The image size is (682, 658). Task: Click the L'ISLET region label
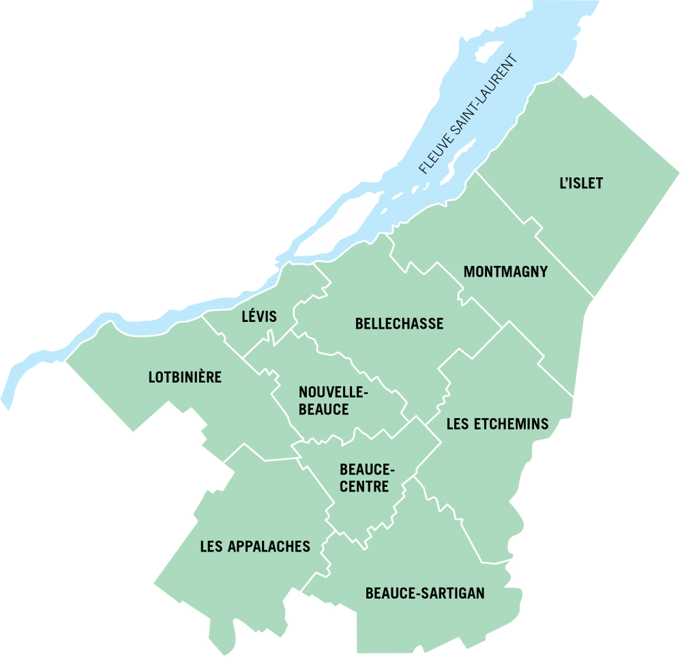pos(581,184)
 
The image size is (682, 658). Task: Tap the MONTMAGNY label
pos(505,271)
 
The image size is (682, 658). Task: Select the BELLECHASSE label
pos(399,324)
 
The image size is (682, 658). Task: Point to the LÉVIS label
pos(259,316)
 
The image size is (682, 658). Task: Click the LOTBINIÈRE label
pos(185,377)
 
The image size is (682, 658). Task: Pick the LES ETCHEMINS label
pos(497,424)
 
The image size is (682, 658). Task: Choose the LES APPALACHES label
pos(255,546)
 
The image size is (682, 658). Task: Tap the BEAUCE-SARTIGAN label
pos(425,593)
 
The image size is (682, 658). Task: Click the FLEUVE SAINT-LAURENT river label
pos(469,114)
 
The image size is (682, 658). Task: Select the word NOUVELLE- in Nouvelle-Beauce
pos(333,393)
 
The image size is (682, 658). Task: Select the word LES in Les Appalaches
pos(210,546)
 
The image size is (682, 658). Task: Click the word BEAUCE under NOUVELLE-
pos(324,409)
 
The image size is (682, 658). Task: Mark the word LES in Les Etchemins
pos(457,424)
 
